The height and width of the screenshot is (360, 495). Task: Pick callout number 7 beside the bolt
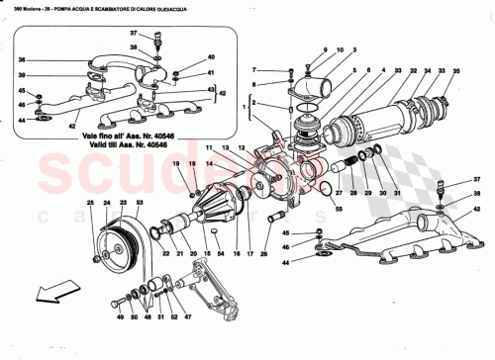pos(253,70)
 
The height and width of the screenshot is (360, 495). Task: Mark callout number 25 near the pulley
pos(89,204)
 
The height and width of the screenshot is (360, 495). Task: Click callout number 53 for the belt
pos(139,204)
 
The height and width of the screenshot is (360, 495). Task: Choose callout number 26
pos(264,254)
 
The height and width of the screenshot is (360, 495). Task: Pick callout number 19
pos(176,163)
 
